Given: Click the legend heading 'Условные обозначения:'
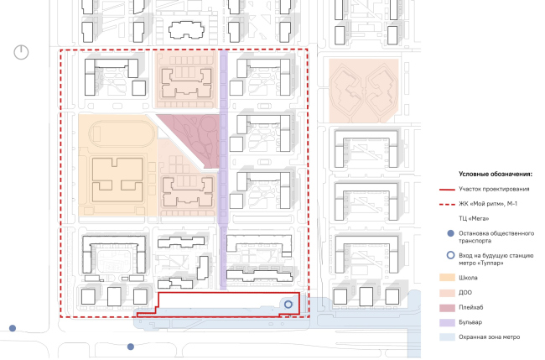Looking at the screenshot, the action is (x=496, y=174).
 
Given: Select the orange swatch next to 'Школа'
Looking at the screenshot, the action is (x=447, y=278).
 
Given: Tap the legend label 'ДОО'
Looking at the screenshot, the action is (x=465, y=293).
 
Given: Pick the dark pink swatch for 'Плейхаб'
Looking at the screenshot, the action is (x=447, y=307).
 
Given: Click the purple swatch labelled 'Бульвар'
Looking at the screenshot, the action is (x=447, y=322).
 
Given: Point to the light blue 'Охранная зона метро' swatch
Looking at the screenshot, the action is (x=447, y=337).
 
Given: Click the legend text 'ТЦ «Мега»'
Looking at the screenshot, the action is (x=474, y=218).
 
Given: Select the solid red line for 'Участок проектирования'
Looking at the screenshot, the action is (x=447, y=190).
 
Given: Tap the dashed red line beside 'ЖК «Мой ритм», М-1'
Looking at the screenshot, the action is (x=447, y=204).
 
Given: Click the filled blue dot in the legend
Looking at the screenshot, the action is (x=450, y=233).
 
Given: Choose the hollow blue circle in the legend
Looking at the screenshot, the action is (x=450, y=255).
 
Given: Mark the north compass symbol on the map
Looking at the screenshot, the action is (x=21, y=52).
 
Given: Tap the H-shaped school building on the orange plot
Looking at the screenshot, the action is (x=117, y=180).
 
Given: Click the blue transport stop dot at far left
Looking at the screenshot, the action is (x=13, y=328).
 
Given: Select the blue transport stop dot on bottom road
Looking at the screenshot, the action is (x=131, y=347).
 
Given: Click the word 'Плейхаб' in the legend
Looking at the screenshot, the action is (x=471, y=307).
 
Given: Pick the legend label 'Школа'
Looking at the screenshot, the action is (x=468, y=278).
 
